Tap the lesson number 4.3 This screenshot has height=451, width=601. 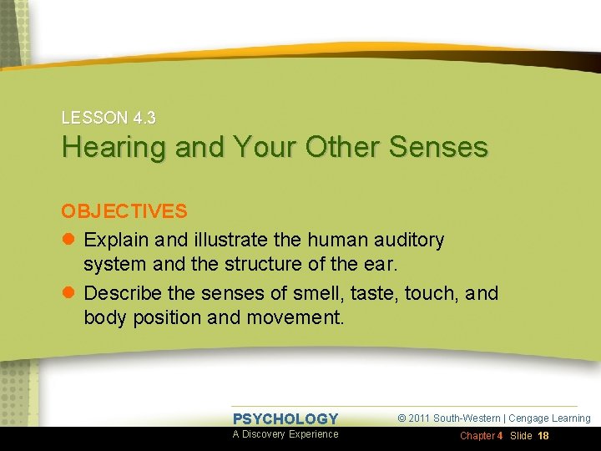pyautogui.click(x=141, y=119)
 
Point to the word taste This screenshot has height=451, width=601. pyautogui.click(x=373, y=293)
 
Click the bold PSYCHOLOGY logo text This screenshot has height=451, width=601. pyautogui.click(x=285, y=419)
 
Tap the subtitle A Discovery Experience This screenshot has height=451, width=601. pyautogui.click(x=285, y=434)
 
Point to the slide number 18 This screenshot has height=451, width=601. pyautogui.click(x=543, y=436)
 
